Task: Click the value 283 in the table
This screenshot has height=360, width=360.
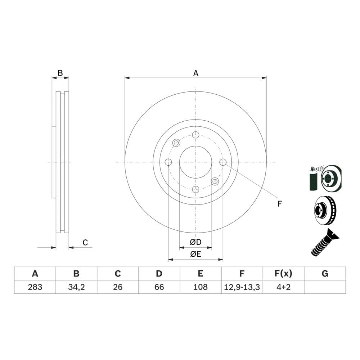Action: tap(35, 287)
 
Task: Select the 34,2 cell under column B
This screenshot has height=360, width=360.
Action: tap(76, 287)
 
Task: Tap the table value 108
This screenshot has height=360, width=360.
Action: tap(201, 287)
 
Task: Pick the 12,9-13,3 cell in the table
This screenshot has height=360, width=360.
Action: tap(242, 287)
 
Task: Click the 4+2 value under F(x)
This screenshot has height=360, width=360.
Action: tap(284, 287)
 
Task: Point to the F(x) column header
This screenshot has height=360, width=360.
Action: tap(284, 274)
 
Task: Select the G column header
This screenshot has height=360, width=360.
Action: tap(325, 274)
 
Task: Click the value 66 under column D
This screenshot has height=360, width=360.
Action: tap(159, 287)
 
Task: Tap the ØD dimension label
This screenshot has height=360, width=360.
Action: tap(195, 242)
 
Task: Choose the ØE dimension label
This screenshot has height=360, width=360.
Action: tap(195, 254)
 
